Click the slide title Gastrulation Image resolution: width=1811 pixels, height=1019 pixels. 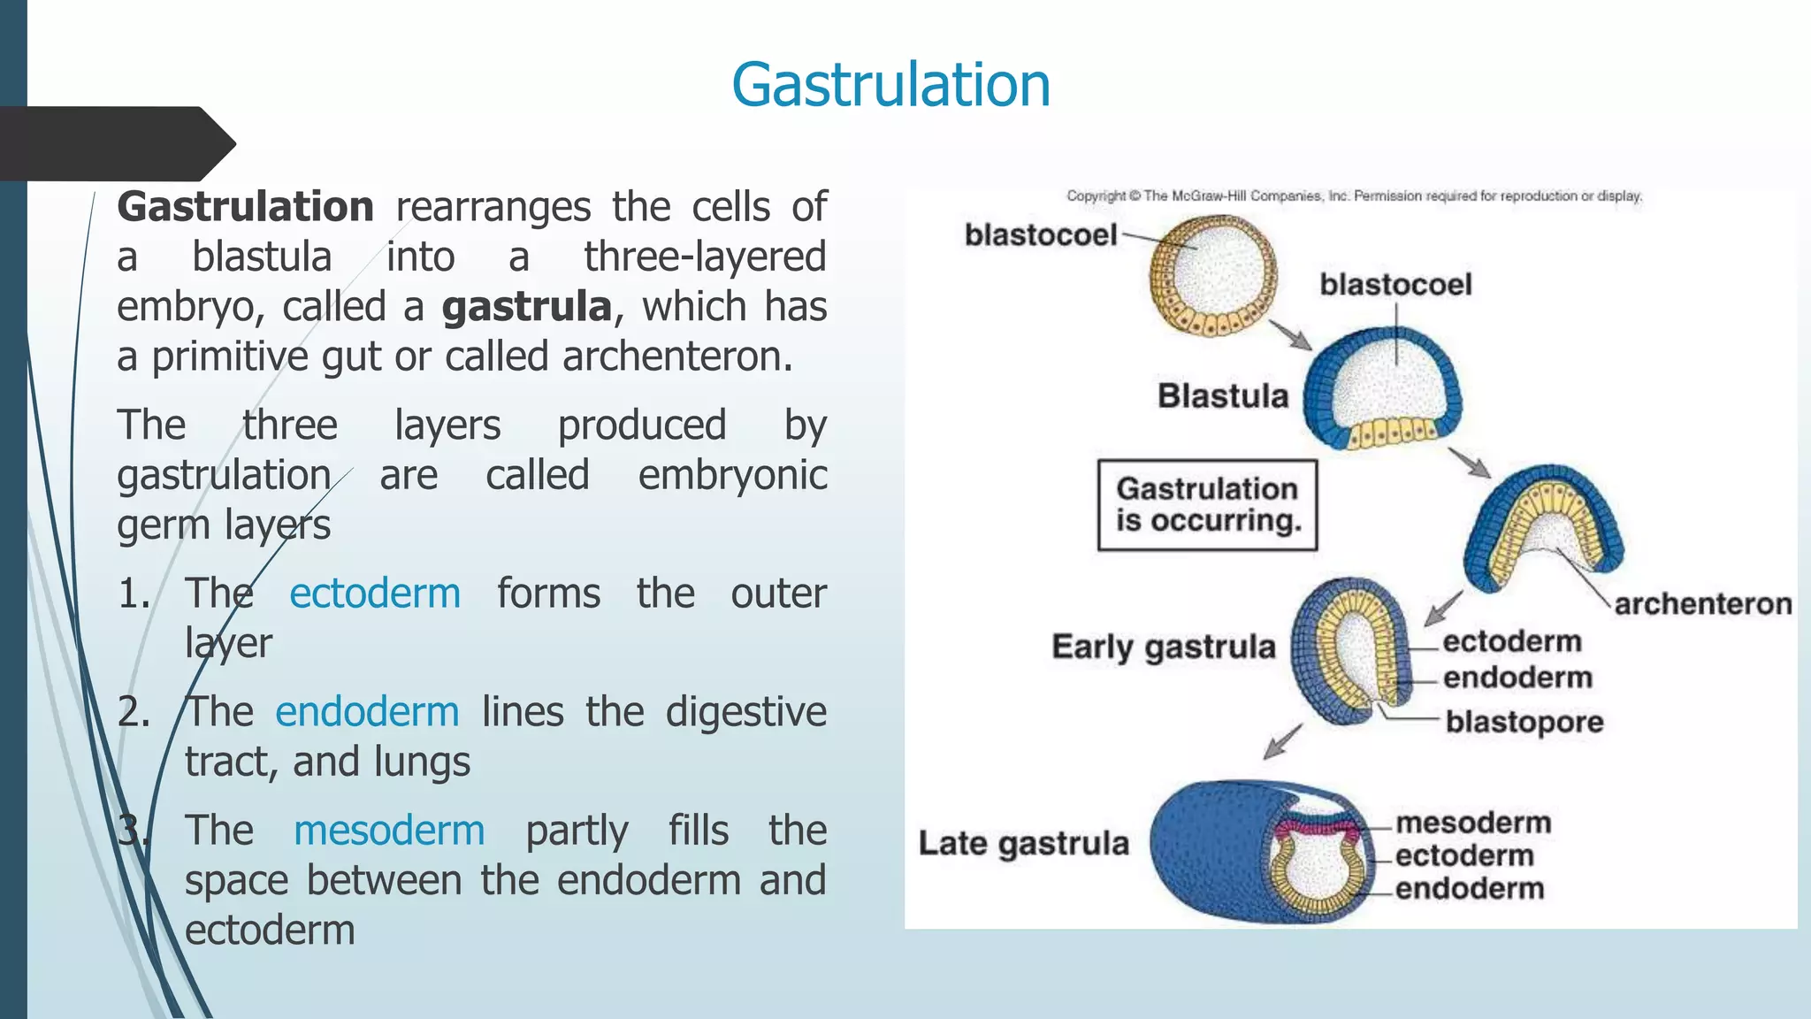click(890, 85)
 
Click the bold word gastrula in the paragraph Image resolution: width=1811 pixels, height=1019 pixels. click(527, 307)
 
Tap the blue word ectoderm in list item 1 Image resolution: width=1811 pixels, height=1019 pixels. click(375, 593)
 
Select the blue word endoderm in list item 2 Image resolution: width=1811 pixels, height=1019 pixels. click(367, 711)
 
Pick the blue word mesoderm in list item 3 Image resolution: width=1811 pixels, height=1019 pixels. click(389, 830)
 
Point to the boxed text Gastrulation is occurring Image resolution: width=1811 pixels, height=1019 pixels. click(1207, 505)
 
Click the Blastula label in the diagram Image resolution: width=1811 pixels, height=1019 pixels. click(1223, 395)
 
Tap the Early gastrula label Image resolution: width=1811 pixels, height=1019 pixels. click(1163, 647)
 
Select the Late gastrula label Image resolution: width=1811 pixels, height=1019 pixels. click(1023, 843)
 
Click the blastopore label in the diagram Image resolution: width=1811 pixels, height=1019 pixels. click(1524, 722)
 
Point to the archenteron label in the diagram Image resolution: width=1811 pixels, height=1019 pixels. click(1702, 604)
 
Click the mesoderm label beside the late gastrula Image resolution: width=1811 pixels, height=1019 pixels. click(1473, 823)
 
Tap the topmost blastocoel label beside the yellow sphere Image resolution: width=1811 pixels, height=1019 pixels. click(1040, 235)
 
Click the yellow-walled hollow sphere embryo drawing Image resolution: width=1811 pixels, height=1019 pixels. click(1212, 276)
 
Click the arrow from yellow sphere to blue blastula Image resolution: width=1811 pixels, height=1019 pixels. click(1290, 334)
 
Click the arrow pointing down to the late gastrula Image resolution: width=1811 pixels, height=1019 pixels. click(1283, 740)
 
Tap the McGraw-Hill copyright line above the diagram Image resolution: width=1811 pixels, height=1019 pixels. click(1353, 195)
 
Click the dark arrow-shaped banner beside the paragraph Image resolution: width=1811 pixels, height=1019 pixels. click(115, 143)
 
